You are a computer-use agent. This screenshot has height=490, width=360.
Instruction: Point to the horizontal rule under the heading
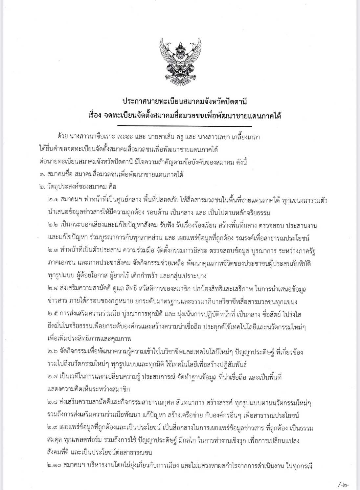click(184, 126)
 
